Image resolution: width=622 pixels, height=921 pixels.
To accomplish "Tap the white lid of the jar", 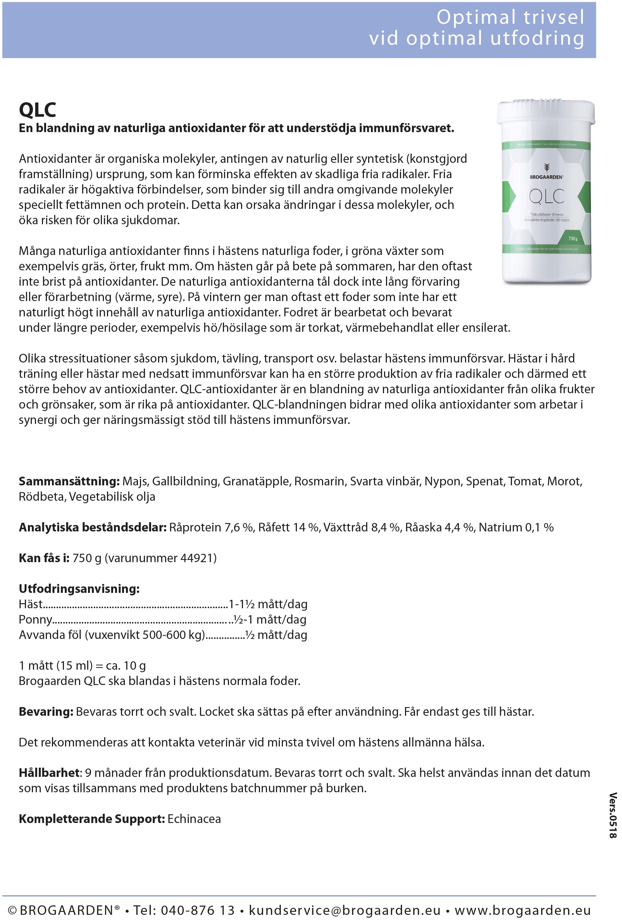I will pos(546,111).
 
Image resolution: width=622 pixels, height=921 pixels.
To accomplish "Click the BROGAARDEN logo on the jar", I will pos(546,177).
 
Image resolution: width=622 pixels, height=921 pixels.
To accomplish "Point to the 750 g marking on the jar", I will pos(573,238).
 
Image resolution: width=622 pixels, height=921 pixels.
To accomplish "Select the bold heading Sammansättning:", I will pos(69,481).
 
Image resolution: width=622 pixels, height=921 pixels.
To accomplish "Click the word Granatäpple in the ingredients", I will pos(256,481).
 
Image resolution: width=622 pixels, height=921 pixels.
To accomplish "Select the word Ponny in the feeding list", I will pos(35,619).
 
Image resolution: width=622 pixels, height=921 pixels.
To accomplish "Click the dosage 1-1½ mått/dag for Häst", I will pos(268,604).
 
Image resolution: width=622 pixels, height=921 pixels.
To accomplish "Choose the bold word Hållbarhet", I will pos(49,773).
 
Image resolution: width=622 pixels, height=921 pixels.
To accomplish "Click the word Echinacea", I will pos(194,819).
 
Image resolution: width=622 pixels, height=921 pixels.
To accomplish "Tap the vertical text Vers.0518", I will pos(613,815).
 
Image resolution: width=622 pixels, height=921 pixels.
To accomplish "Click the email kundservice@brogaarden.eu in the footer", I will pos(344,910).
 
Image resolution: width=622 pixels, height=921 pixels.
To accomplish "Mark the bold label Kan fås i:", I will pos(44,558).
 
